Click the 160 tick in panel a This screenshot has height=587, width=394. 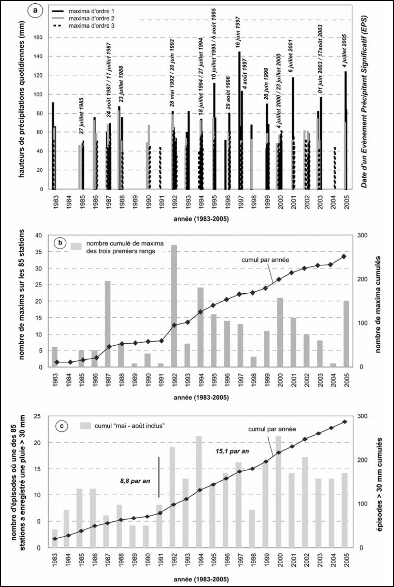pos(39,37)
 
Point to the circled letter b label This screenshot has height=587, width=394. pos(60,243)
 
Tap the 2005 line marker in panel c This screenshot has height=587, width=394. pos(345,422)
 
